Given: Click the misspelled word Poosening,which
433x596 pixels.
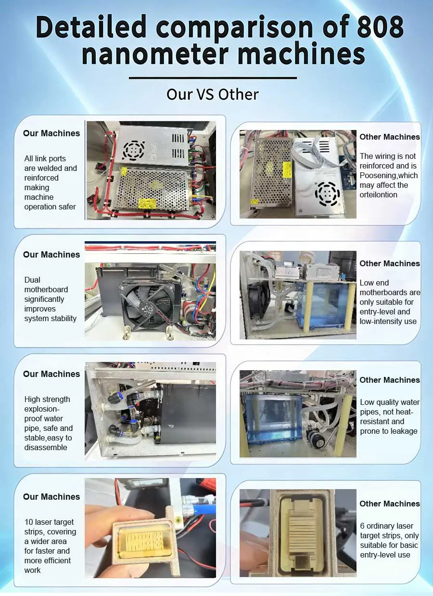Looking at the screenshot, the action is point(389,176).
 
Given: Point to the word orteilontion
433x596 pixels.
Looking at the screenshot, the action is point(378,195).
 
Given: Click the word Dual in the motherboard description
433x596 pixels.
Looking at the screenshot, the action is point(32,280).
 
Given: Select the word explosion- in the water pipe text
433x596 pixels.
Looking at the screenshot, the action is point(42,409).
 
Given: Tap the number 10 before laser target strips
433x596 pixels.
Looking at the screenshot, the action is point(29,522).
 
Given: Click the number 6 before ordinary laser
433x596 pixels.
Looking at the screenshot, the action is point(362,526).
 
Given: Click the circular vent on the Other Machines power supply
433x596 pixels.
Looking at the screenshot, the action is point(327,194).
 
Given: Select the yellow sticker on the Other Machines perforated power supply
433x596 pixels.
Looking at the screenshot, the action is point(288,170).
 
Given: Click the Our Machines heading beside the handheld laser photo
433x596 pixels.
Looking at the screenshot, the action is point(51,497).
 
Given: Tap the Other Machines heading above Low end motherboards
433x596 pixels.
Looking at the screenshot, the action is point(390,263).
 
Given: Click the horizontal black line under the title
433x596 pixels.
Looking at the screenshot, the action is point(213,78).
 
